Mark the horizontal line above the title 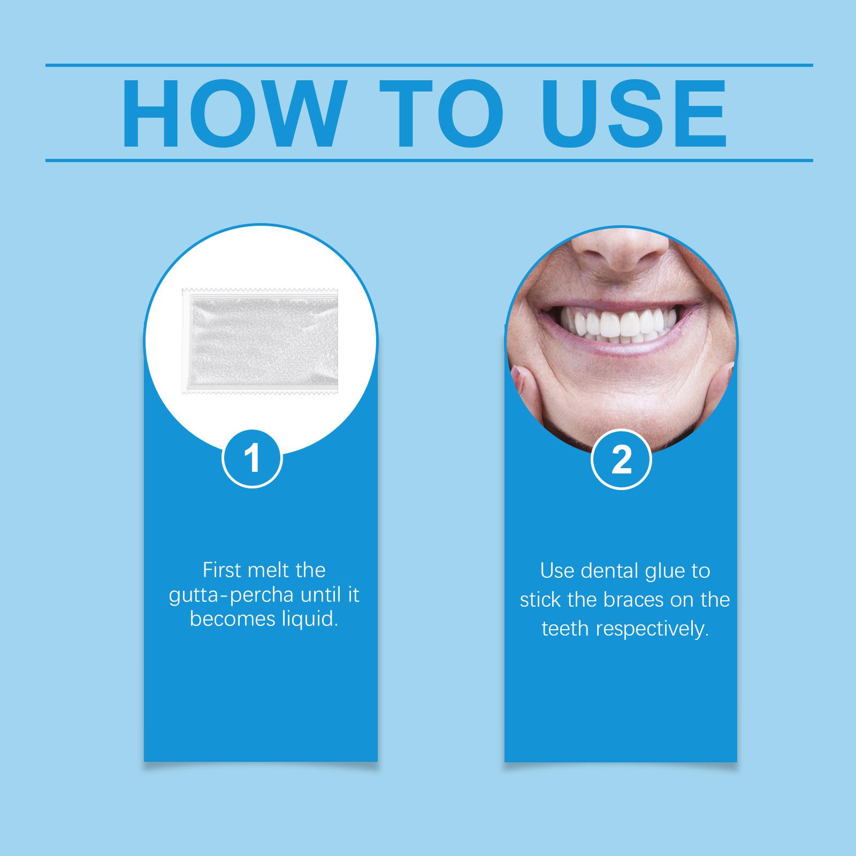pyautogui.click(x=429, y=66)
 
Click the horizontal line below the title pyautogui.click(x=429, y=160)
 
